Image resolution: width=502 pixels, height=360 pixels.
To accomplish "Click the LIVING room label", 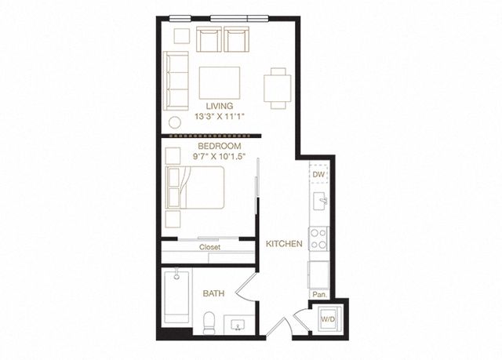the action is [220, 106].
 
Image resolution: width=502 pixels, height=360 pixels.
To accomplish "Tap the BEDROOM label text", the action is [220, 146].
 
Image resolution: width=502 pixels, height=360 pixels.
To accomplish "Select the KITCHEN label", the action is [284, 244].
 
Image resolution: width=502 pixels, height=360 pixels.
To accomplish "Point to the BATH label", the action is [213, 293].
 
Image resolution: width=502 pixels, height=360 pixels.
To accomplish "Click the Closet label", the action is [209, 247].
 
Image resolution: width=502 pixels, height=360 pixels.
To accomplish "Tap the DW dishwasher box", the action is [319, 174].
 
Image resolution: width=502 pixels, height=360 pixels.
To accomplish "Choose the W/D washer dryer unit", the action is [328, 318].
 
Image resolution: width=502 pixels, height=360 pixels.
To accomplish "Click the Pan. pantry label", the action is [319, 295].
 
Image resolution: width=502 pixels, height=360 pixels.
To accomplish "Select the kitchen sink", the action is [320, 202].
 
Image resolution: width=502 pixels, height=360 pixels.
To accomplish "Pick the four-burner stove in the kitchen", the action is [318, 238].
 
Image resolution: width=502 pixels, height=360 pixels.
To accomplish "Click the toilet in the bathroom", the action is [209, 323].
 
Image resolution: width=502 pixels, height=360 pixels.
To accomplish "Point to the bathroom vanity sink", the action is [238, 325].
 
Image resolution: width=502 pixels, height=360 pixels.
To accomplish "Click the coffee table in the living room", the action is [220, 83].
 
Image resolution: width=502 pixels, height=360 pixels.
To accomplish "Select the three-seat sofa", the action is [176, 81].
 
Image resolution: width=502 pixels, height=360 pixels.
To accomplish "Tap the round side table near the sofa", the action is [175, 122].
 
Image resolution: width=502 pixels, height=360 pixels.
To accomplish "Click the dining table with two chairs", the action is [278, 89].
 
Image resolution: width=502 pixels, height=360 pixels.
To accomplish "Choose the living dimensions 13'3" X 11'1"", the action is [220, 117].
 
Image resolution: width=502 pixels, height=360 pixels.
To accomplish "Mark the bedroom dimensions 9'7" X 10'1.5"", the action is [219, 157].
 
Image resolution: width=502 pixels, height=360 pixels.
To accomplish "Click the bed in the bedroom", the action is [195, 187].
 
